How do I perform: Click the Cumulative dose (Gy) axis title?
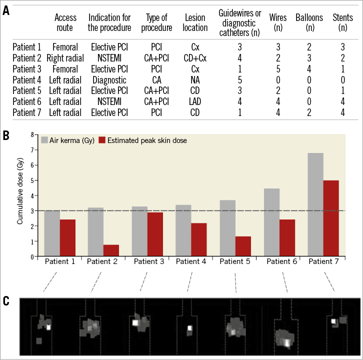point(20,195)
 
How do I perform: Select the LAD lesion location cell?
point(195,101)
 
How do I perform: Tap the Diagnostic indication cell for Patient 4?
point(109,80)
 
